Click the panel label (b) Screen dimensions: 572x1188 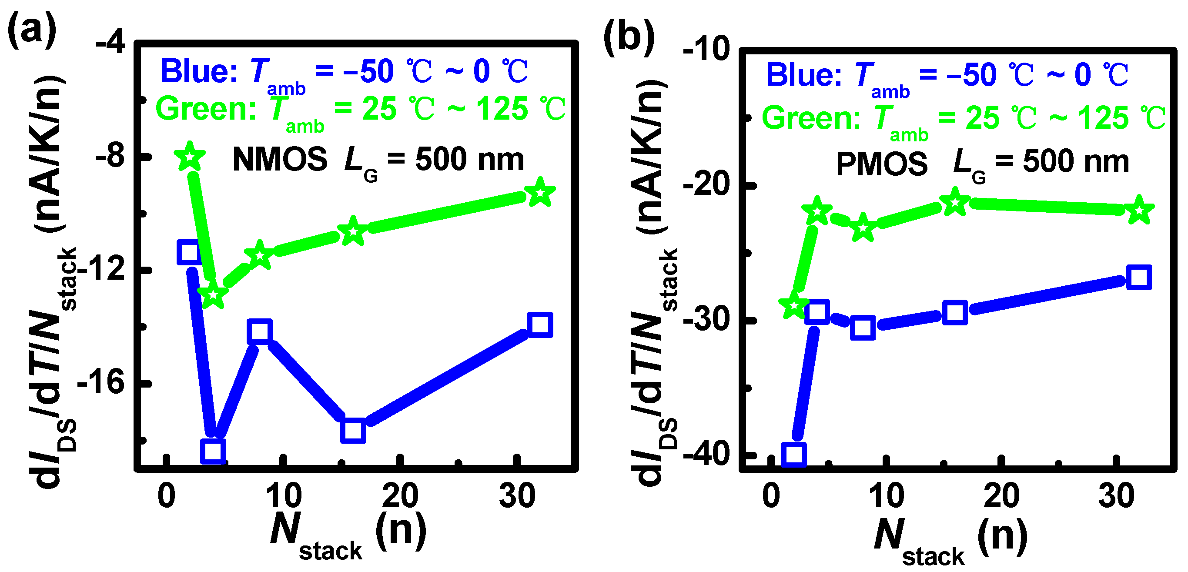click(x=629, y=37)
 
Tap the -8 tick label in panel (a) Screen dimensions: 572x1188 click(x=110, y=157)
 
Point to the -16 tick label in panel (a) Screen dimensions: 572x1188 click(x=102, y=382)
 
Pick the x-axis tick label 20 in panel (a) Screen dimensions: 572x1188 click(x=400, y=496)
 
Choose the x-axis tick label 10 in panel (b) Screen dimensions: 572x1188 click(x=886, y=496)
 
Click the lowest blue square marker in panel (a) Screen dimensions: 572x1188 click(x=213, y=451)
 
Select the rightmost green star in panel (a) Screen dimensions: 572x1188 click(x=540, y=193)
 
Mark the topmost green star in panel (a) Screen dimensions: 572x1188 click(x=190, y=157)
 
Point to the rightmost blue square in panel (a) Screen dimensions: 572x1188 click(x=540, y=324)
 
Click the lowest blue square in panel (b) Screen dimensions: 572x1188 click(x=794, y=455)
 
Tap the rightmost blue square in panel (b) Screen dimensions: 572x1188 click(x=1139, y=277)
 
